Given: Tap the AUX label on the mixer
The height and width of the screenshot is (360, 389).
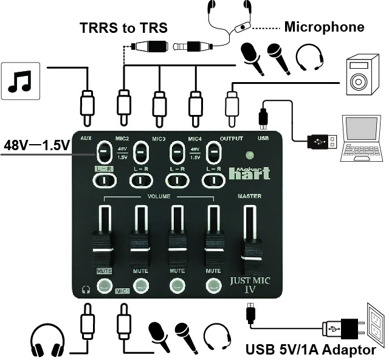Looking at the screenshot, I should coord(86,139).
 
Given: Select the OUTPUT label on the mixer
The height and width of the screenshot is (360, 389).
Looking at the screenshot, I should coord(232,139).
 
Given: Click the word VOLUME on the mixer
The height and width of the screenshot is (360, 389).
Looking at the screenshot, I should coord(160,197).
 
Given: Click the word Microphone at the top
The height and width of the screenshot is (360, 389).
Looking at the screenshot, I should coord(325,27).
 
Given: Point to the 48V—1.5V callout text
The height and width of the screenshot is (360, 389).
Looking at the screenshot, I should coord(36,146).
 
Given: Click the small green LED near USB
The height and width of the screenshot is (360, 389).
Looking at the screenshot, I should coord(248,155).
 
